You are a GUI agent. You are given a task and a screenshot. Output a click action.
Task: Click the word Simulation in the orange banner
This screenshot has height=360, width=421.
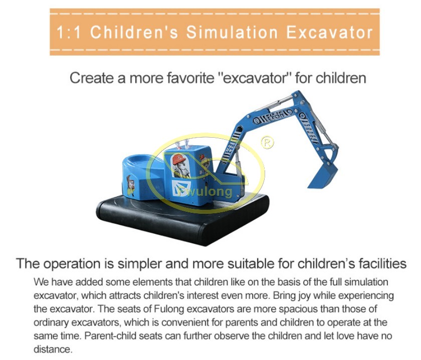click(x=232, y=32)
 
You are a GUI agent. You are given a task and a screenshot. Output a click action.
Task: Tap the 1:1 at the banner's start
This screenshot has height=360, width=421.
click(x=69, y=32)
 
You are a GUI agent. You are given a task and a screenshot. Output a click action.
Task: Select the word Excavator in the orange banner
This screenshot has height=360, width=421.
click(x=329, y=32)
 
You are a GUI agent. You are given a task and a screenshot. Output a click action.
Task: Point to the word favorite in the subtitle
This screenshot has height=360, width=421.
click(x=190, y=78)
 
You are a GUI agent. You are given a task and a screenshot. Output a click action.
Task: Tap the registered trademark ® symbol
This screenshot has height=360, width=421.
click(x=268, y=142)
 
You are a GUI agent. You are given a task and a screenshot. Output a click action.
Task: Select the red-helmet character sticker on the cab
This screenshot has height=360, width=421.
click(x=180, y=166)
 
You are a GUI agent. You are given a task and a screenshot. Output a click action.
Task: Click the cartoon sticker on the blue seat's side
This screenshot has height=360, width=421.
click(x=130, y=185)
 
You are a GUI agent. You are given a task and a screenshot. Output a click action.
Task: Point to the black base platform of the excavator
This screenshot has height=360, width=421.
click(x=182, y=219)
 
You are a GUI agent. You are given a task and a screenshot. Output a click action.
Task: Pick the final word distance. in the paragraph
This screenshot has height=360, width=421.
click(x=53, y=349)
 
